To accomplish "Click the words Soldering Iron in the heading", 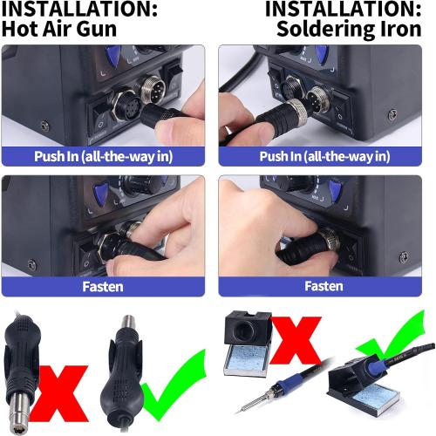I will point(355,27).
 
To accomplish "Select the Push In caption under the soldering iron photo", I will point(325,157).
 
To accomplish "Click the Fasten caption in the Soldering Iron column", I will point(325,286).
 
